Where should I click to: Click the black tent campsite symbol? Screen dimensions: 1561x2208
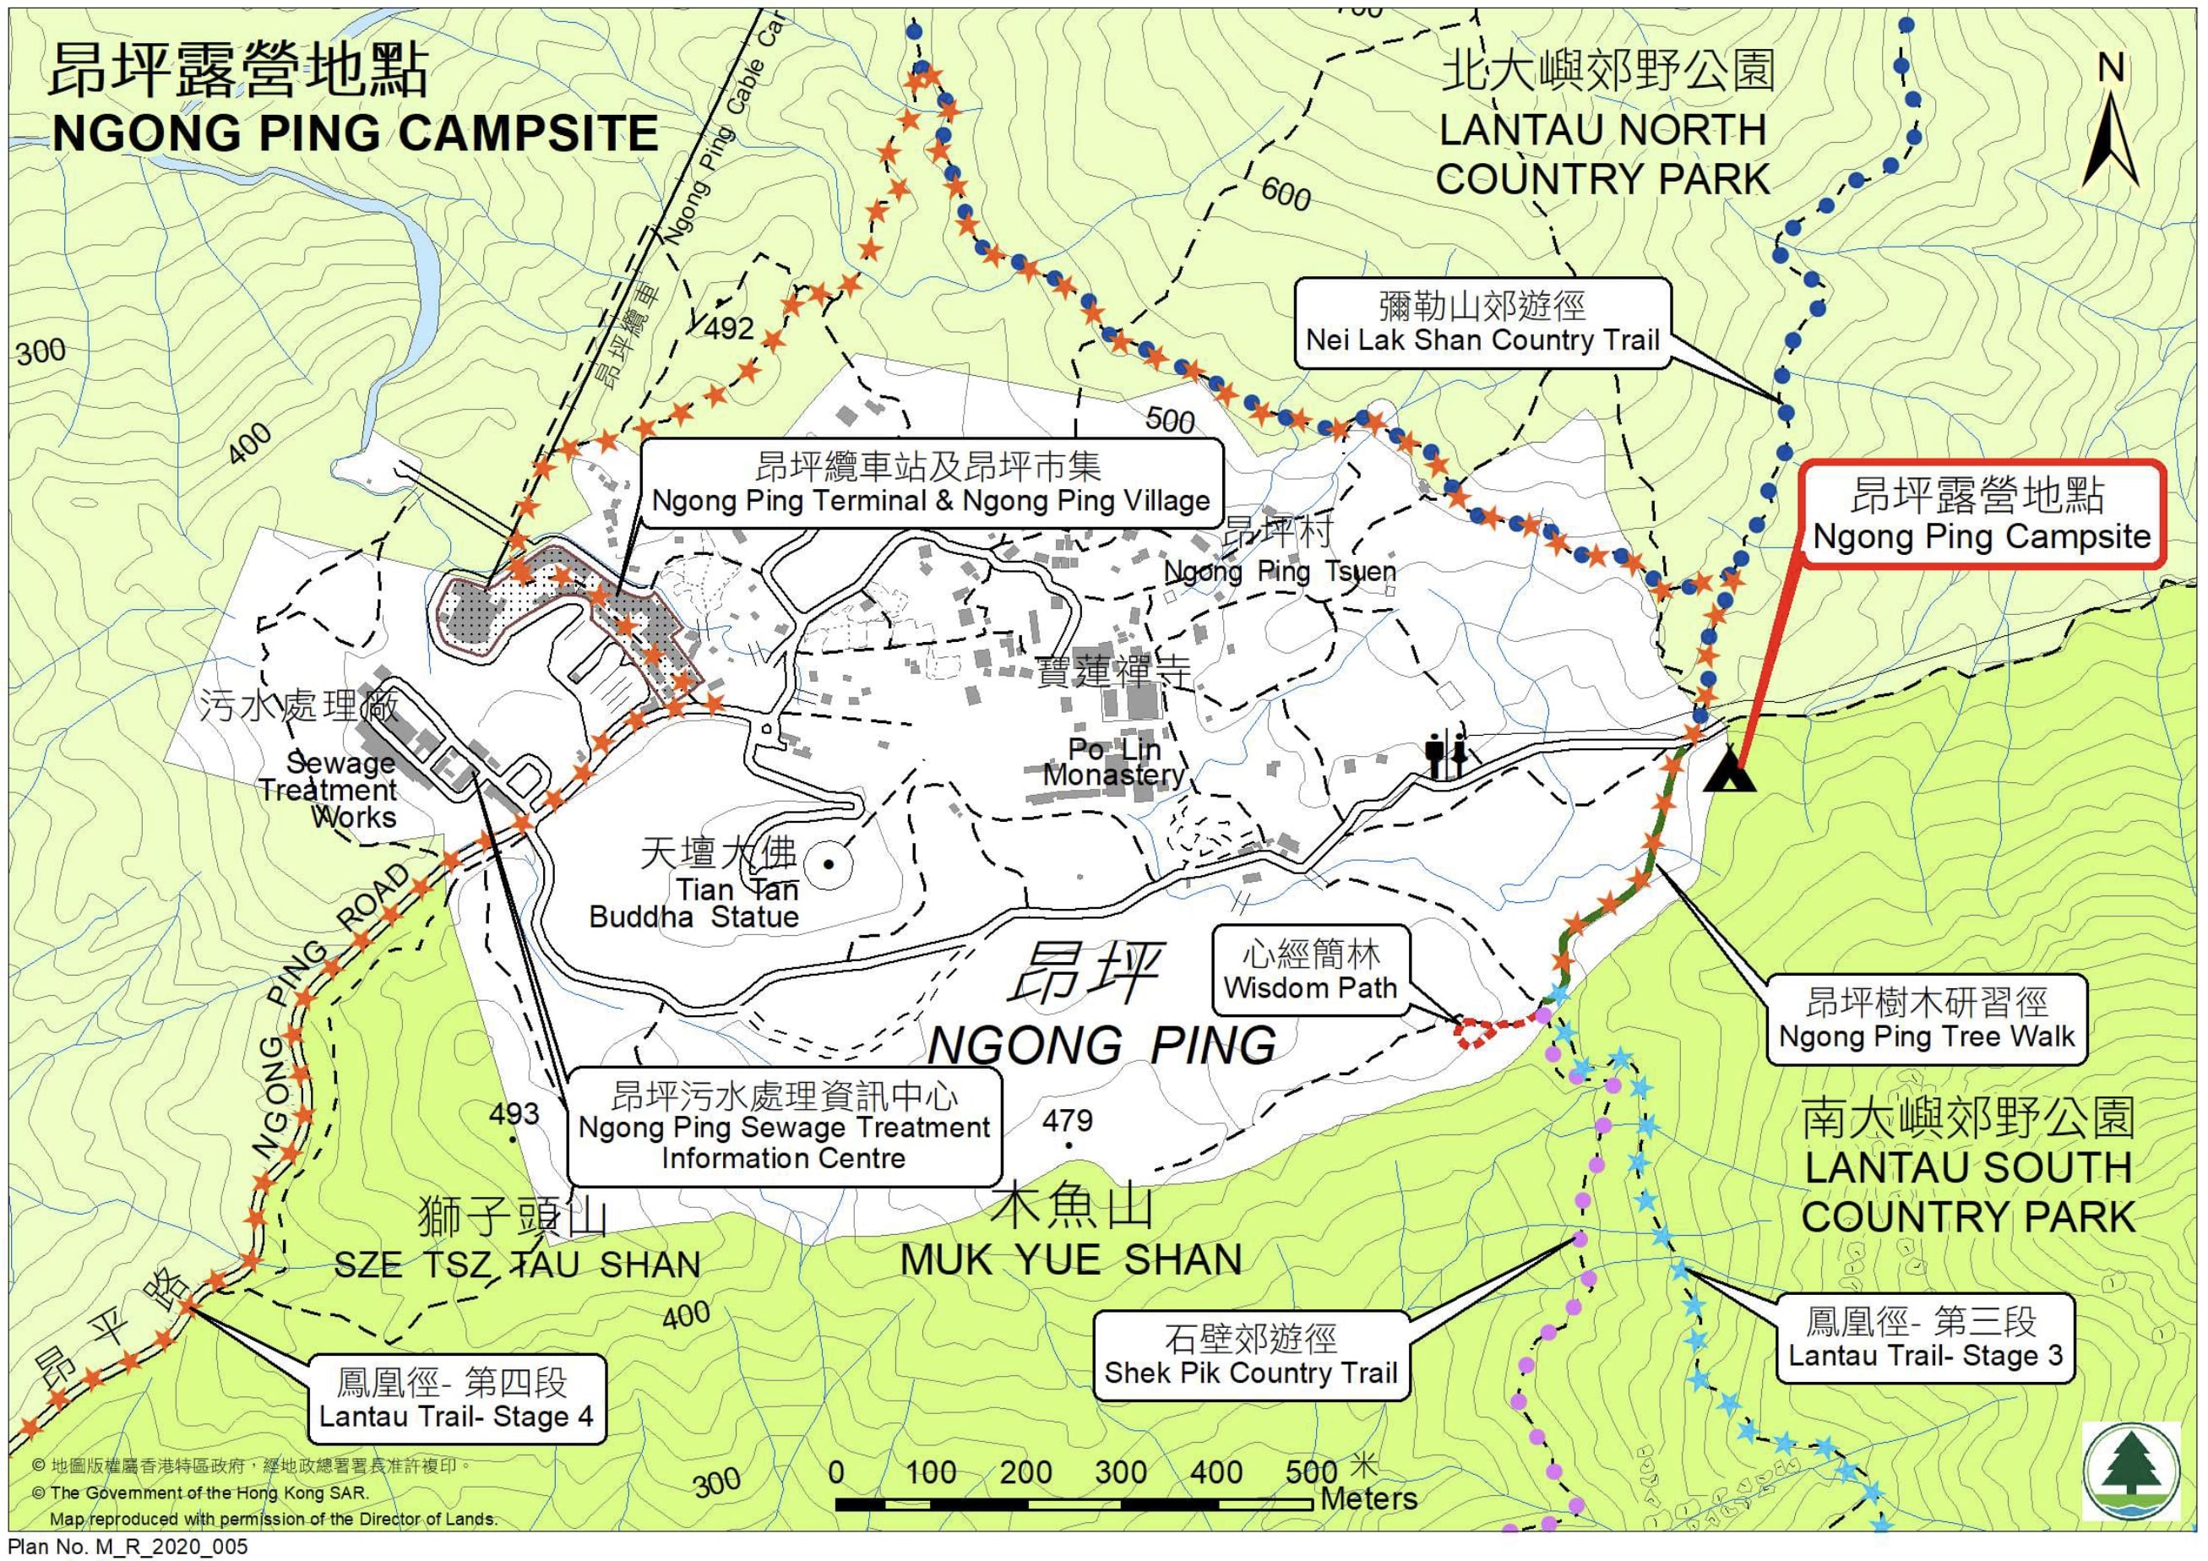click(1728, 770)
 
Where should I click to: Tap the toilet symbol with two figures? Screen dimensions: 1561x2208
click(1446, 755)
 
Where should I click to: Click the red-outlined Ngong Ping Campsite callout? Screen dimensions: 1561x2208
click(1981, 515)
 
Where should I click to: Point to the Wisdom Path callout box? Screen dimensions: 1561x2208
click(1310, 971)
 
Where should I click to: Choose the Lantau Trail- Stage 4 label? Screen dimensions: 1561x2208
click(456, 1400)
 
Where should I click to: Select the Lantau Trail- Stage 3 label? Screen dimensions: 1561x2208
click(1924, 1338)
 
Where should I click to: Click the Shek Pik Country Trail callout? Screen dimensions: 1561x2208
click(1250, 1355)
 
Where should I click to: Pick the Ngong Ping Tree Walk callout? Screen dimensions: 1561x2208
click(1926, 1020)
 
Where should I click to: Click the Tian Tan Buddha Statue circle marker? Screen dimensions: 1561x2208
click(828, 863)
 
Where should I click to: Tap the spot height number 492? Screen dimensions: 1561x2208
click(729, 329)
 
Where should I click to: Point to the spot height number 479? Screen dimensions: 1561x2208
click(1068, 1121)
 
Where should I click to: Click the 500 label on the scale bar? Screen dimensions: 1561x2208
click(1311, 1471)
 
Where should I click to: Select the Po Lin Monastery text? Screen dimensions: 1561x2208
click(1115, 762)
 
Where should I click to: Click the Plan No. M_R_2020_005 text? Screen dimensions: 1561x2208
click(127, 1547)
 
